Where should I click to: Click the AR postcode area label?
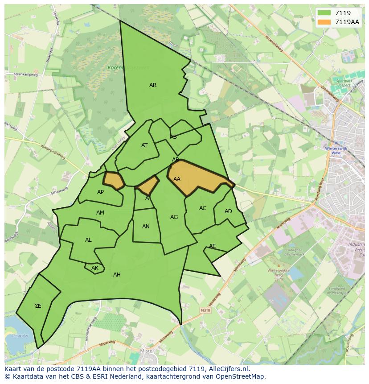pos(153,85)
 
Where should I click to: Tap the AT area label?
pos(144,145)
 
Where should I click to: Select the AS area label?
pos(173,137)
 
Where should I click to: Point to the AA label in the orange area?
pos(177,179)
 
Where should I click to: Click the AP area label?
pos(100,192)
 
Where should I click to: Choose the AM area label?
pos(100,213)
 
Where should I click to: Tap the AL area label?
pos(88,240)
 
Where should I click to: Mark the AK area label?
pos(94,268)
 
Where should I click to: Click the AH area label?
pos(117,275)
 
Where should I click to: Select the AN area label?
pos(146,227)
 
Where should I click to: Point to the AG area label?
pos(174,217)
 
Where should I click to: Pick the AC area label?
pos(203,208)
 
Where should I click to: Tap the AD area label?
pos(228,211)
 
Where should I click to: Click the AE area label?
pos(213,246)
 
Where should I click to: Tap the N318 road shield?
pos(205,310)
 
